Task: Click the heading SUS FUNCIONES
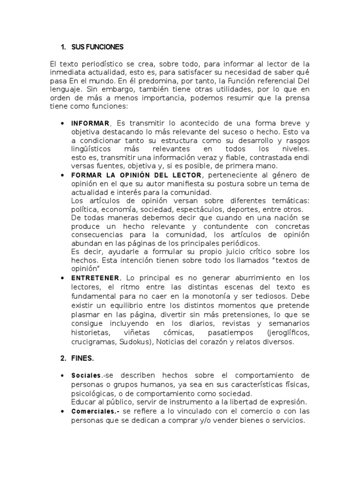[97, 47]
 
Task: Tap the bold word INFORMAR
[90, 123]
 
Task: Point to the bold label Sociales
[86, 376]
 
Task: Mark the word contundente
[208, 226]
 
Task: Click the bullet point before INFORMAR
[63, 123]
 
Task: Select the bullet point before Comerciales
[63, 411]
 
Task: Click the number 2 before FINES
[63, 358]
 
